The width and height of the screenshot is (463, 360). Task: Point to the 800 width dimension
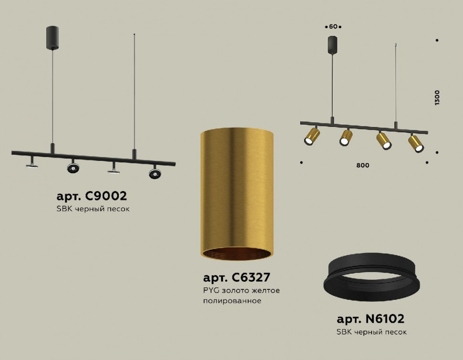point(363,166)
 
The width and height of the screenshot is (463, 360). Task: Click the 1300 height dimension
point(438,97)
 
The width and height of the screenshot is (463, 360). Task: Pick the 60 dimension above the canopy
point(333,27)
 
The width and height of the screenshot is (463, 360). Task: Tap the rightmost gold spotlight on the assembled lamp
point(415,143)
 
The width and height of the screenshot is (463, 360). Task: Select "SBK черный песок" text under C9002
point(93,209)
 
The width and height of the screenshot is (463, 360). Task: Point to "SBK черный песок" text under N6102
point(372,332)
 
